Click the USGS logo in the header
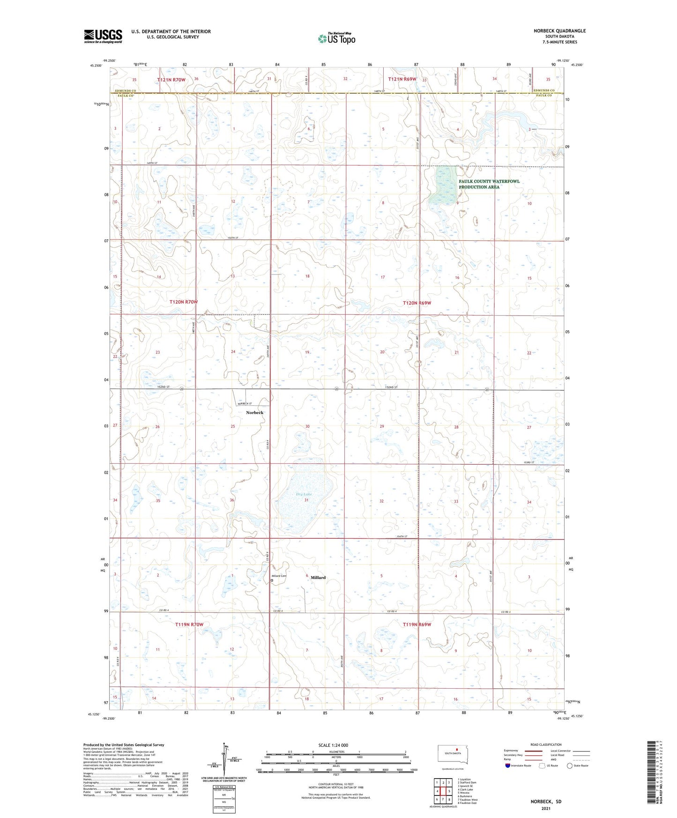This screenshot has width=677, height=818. pos(103,36)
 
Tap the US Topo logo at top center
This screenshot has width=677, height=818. pos(336,38)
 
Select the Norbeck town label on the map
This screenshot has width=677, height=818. pos(254,413)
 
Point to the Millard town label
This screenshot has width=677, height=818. pos(318,578)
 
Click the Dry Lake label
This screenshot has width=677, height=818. pos(304,494)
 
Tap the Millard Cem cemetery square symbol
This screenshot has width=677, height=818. pos(272,580)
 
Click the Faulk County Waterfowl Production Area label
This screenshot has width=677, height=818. pos(489,184)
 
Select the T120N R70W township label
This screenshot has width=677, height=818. pos(183,302)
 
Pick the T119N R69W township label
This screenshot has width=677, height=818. pos(417,625)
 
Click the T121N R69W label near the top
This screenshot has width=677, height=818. pos(402,80)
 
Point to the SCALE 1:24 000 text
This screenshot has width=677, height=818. pos(333,745)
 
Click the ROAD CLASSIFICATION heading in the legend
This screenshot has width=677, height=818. pos(546,744)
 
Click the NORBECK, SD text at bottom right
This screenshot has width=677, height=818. pos(546,802)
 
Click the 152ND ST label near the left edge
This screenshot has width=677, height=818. pos(164,387)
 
